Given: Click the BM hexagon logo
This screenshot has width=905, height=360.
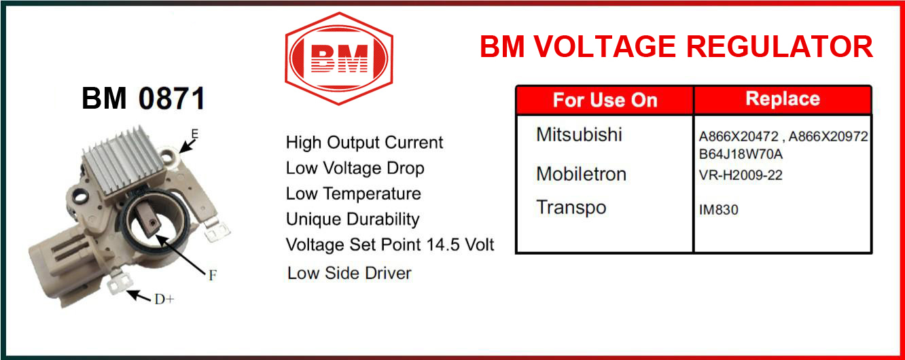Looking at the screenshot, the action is coord(339,58).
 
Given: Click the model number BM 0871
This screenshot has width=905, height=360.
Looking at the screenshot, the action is coord(143,98).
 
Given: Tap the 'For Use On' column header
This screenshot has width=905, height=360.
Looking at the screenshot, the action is coord(605,101).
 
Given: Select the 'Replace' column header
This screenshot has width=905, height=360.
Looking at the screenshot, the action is coord(783,99).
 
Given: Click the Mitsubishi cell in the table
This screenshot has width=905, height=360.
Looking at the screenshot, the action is coord(579,134).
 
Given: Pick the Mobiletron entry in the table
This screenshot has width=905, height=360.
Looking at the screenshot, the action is coord(581,174).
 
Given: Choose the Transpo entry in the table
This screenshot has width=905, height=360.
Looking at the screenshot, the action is coord(571,208).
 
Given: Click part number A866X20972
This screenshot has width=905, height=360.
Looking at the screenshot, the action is coord(828,137).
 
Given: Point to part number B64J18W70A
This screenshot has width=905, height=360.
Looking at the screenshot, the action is coord(741,154).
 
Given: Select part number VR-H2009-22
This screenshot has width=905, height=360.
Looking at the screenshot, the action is coord(741,175).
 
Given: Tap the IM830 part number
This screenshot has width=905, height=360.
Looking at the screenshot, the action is coord(718,210).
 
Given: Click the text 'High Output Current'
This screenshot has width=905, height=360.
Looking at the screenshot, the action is coord(364,143).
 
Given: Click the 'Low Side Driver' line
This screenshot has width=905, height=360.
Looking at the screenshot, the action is coord(349,273).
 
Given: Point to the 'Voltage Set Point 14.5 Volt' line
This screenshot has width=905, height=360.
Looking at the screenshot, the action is coord(390,245).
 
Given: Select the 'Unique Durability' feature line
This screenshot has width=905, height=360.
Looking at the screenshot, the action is coord(353,219).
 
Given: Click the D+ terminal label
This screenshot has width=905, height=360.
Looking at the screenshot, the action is coord(164,300).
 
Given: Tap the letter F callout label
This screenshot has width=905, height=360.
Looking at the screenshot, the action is coord(213,276).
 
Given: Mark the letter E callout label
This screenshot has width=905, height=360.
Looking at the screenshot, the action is coord(195,134).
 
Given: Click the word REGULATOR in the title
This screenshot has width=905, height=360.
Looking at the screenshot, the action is coord(780,47).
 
